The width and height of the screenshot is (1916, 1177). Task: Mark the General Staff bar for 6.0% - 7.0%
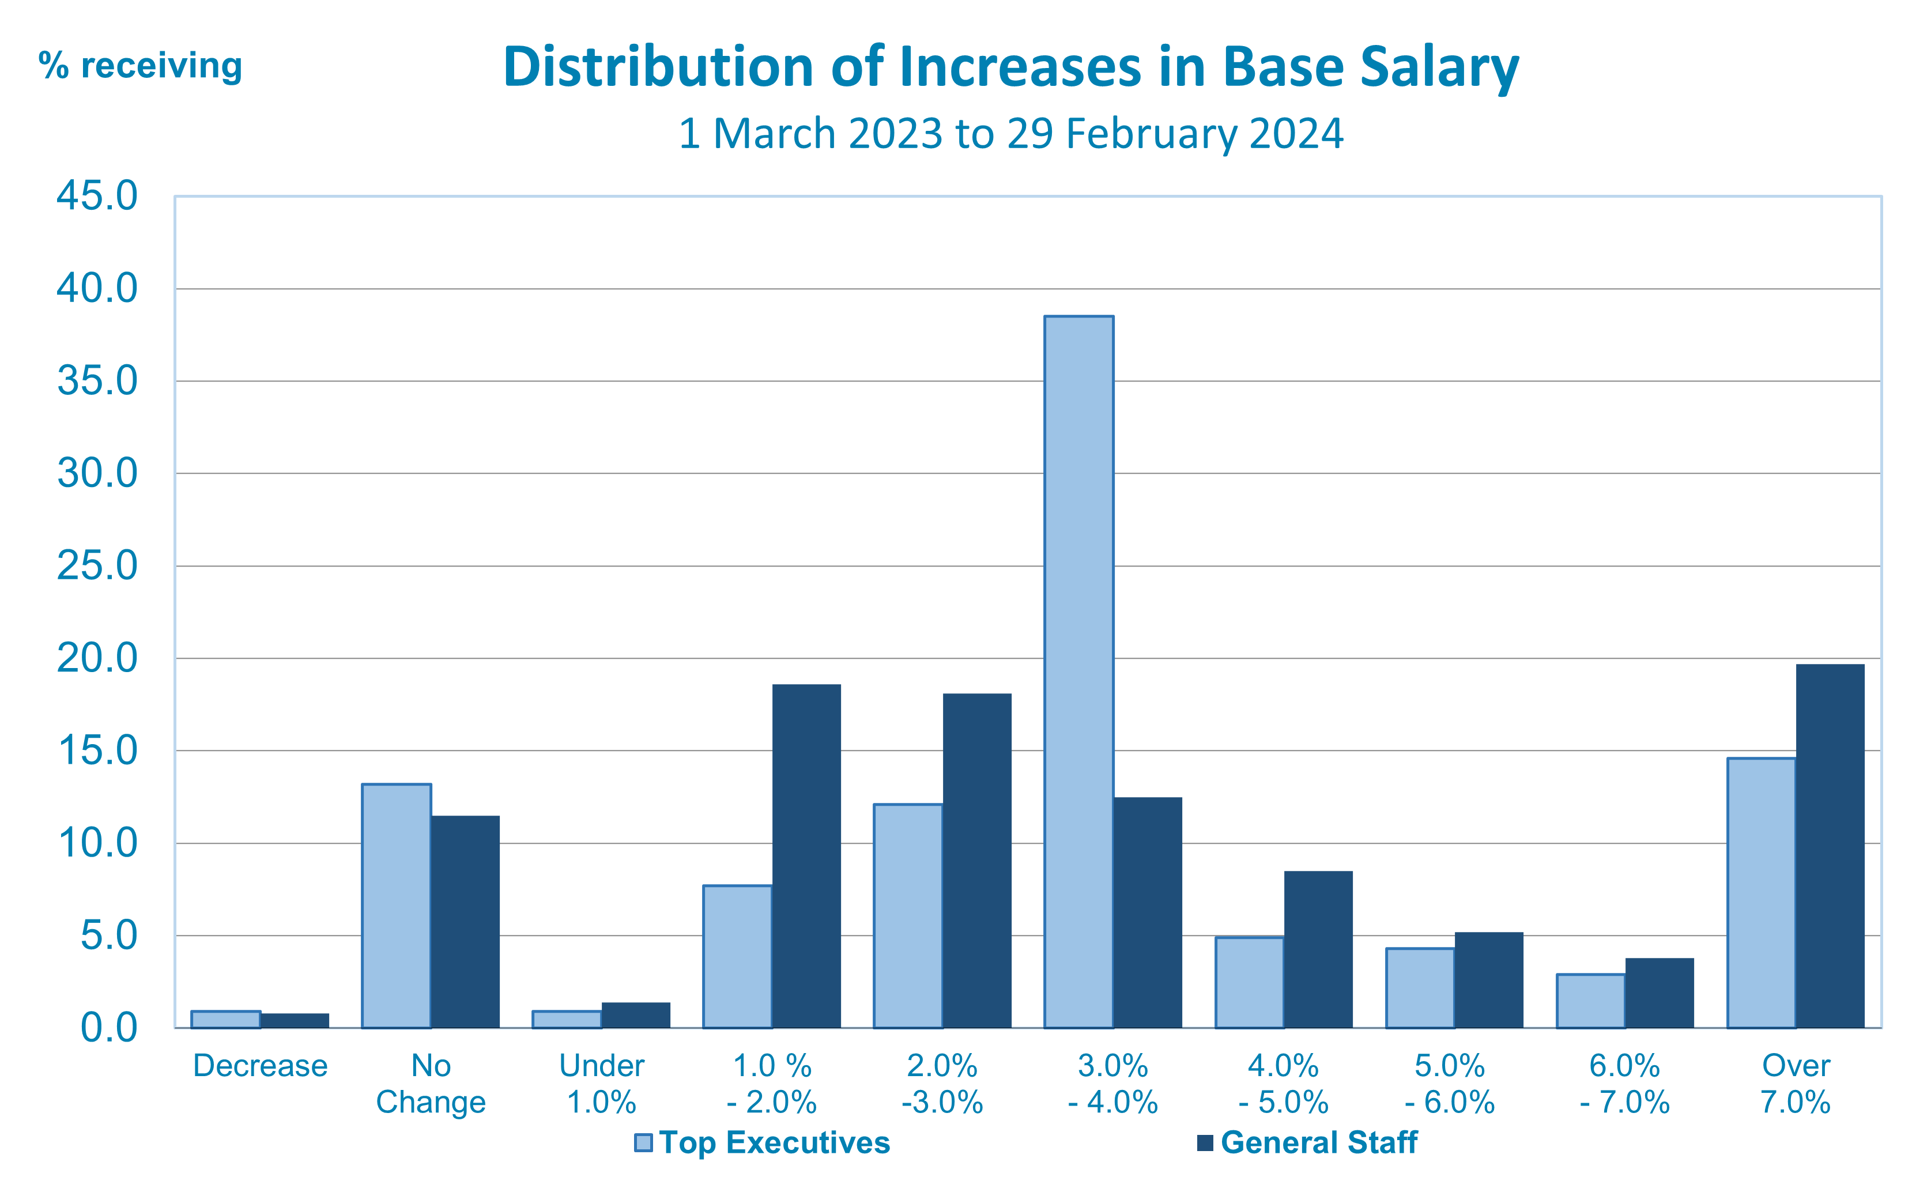point(1659,993)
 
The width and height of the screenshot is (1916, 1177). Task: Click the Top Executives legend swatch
point(643,1142)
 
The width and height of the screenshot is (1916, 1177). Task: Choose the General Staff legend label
point(1318,1142)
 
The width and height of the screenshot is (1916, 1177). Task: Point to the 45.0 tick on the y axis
point(97,195)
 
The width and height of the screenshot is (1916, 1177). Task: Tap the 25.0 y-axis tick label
point(97,566)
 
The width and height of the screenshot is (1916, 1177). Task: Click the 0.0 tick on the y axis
point(109,1028)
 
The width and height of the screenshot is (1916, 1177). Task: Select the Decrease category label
point(260,1066)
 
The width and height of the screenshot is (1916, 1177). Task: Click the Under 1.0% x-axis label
point(602,1084)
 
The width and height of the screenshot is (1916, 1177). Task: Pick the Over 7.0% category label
point(1796,1084)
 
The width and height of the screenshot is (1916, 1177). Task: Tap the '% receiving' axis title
point(140,65)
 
